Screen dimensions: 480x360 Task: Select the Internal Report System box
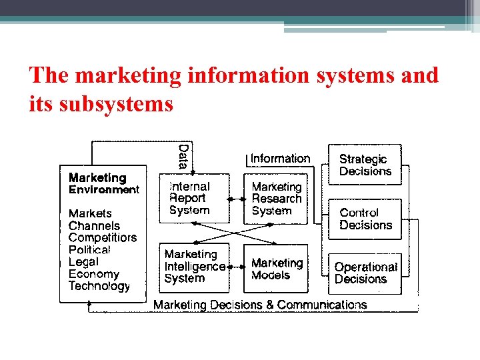[193, 199]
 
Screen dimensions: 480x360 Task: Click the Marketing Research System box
[277, 199]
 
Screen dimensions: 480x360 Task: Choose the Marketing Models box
[277, 269]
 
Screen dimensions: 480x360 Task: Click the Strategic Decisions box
[365, 165]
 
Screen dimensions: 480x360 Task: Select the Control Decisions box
[365, 219]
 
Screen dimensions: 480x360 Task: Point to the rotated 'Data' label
[183, 156]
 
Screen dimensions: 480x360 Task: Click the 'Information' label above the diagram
[280, 159]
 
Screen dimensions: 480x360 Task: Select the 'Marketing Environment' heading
[103, 183]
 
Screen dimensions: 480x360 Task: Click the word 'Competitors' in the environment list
[102, 237]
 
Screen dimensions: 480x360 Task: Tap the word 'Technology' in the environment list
[99, 286]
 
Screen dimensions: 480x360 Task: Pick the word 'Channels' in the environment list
[94, 225]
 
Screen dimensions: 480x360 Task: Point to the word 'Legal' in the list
[83, 261]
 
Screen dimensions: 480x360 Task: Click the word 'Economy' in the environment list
[93, 274]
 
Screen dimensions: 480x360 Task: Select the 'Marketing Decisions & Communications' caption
[260, 305]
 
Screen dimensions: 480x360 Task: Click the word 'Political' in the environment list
[89, 249]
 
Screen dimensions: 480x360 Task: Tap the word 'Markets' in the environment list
[91, 213]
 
